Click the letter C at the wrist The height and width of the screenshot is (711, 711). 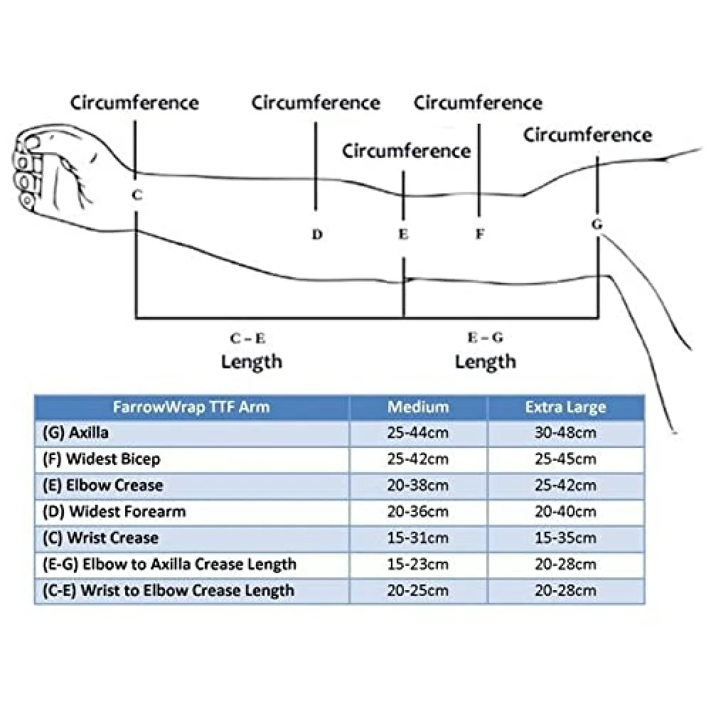137,195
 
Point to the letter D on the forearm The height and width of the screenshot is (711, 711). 317,235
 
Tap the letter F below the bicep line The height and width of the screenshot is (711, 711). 480,234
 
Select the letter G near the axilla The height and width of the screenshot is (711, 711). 597,224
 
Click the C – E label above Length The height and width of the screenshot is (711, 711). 247,338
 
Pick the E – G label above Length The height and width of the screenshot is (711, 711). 485,337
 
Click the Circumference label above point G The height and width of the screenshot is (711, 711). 588,134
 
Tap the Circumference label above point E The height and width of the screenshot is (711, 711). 406,151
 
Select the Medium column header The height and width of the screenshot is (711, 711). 418,407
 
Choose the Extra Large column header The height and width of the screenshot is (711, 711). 565,407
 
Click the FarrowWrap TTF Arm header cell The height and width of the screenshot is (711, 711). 191,407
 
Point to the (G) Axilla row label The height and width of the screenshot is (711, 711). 76,432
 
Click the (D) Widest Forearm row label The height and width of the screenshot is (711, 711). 114,511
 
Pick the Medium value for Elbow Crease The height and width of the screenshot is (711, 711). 417,485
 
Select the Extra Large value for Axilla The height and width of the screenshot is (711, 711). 565,432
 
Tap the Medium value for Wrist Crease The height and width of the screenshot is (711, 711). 417,538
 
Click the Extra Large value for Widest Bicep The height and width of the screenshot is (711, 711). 565,459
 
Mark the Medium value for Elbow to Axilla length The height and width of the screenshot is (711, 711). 417,564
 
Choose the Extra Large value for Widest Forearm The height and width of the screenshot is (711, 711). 565,511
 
